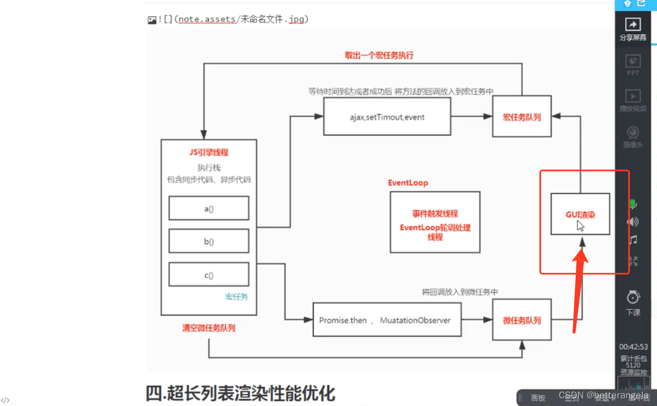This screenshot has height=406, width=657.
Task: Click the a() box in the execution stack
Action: (209, 208)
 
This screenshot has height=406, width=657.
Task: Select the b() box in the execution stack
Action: (209, 242)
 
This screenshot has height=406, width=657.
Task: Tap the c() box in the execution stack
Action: (209, 275)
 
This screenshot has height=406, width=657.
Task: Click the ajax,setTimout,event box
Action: (387, 117)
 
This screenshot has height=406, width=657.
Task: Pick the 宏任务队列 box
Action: (521, 117)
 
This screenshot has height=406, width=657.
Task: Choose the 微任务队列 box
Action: (521, 320)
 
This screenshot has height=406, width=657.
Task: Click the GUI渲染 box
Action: (580, 214)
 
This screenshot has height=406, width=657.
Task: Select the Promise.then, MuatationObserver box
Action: (387, 320)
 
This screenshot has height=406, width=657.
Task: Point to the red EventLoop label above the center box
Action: (408, 183)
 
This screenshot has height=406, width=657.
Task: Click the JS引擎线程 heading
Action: (209, 153)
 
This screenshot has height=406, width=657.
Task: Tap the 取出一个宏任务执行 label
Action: (379, 55)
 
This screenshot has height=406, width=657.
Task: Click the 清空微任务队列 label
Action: (209, 328)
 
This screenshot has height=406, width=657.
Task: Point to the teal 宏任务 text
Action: (236, 296)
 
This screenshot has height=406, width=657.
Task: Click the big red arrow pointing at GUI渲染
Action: (579, 288)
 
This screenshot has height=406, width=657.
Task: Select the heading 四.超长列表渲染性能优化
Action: (240, 392)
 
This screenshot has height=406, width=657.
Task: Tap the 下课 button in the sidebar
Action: (633, 303)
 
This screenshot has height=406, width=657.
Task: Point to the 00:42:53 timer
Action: (633, 347)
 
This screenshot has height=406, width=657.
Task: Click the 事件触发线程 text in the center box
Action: (435, 213)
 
